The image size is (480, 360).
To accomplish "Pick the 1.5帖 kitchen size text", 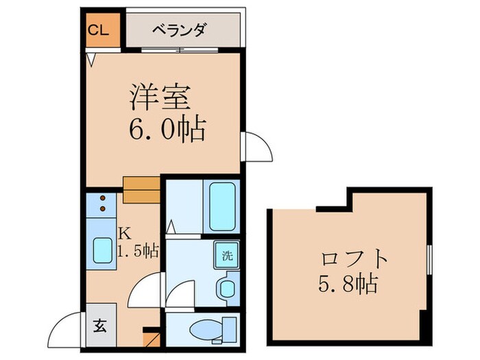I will pos(139,251).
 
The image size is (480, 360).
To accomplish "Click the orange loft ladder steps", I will pos(141,189).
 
